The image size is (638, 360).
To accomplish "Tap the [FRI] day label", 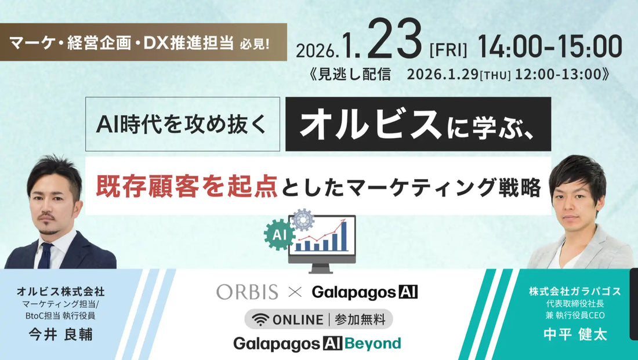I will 448,50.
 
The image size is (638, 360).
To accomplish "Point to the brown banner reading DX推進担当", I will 143,43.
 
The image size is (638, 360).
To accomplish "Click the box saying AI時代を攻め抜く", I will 182,124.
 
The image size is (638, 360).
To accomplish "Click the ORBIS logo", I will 247,292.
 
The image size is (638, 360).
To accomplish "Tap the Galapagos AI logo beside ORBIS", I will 365,292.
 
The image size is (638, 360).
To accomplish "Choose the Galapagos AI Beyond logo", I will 317,343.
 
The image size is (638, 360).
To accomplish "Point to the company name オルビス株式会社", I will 61,292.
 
